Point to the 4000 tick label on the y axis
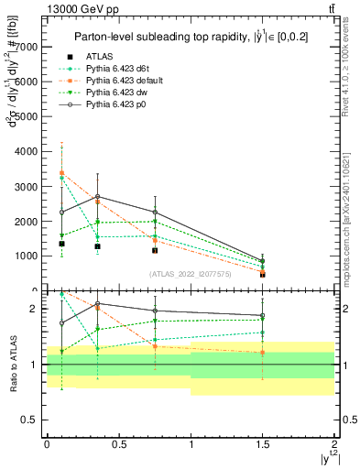point(26,151)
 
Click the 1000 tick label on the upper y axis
point(26,256)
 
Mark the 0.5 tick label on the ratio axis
point(29,420)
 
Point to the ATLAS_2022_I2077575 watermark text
point(191,274)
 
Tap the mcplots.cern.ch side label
point(350,220)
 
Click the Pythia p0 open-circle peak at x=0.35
point(97,196)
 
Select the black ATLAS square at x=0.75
point(156,250)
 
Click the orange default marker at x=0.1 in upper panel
point(61,172)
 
